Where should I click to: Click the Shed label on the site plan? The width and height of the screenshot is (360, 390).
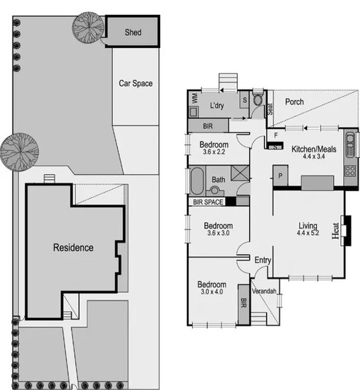click(133, 32)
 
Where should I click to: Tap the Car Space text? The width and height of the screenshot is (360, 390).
click(135, 83)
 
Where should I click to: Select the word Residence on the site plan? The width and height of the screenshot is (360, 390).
click(73, 248)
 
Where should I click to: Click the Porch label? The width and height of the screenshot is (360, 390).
click(294, 102)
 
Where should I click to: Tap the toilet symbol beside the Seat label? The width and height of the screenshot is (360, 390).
click(258, 100)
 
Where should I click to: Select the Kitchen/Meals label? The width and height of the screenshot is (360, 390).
click(314, 150)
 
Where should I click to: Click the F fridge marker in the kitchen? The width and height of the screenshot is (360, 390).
click(276, 133)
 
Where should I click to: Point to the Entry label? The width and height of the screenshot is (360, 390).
click(263, 261)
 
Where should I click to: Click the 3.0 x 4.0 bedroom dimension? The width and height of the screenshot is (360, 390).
click(212, 291)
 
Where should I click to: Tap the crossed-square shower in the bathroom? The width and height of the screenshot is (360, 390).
click(239, 173)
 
